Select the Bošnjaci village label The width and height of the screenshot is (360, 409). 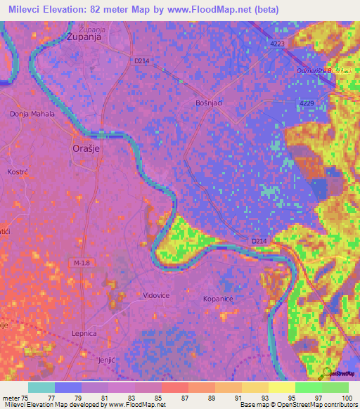coord(210,103)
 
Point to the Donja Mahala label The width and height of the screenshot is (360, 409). coord(32,114)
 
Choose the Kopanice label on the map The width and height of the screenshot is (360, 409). coord(218,299)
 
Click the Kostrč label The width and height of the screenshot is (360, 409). coord(17,172)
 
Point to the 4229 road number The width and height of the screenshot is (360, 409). coord(307,104)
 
